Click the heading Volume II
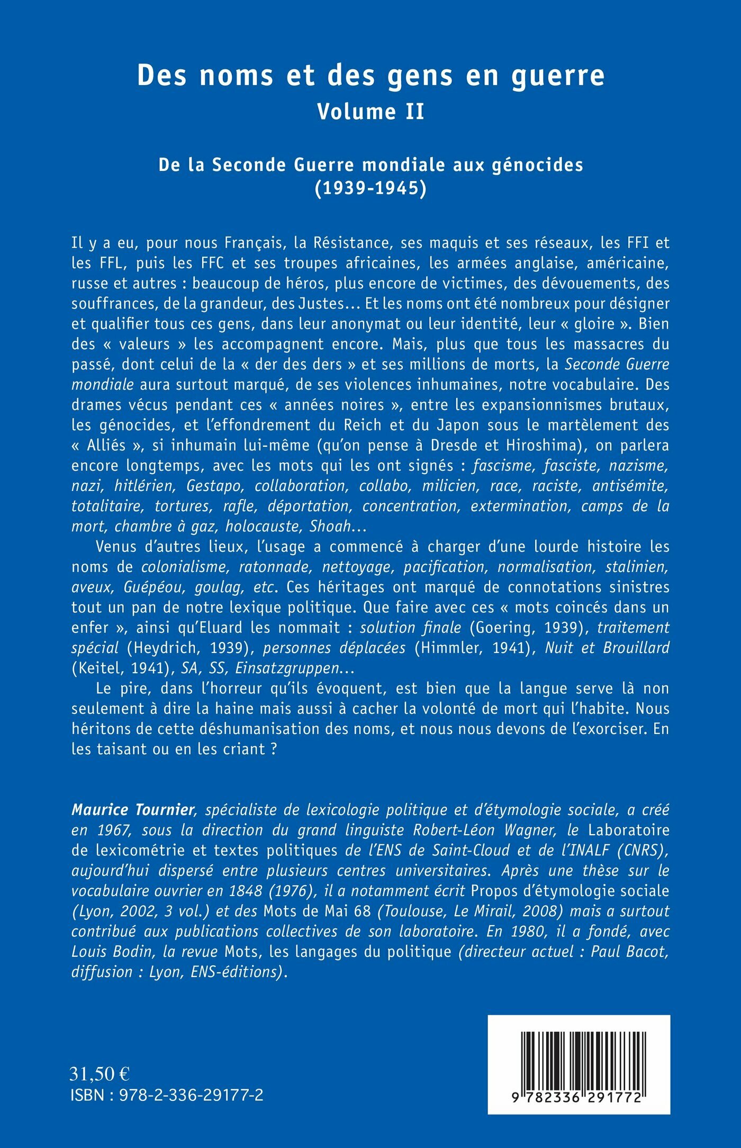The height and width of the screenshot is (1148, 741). (370, 112)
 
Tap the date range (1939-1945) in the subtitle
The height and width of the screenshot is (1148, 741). (370, 188)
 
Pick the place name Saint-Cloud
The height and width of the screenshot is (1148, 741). (464, 849)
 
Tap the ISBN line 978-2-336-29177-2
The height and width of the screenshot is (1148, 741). (167, 1095)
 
